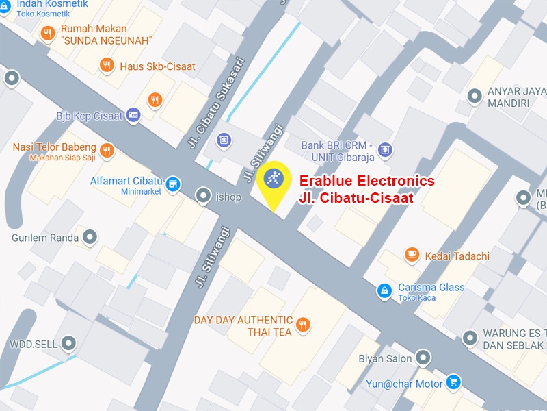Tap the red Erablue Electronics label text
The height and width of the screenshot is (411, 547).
tap(367, 189)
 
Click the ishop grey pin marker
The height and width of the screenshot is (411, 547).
tap(203, 197)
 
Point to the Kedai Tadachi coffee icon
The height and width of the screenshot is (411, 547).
tap(412, 256)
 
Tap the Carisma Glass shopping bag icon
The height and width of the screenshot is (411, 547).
tap(385, 291)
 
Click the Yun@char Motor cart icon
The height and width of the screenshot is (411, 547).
tap(453, 382)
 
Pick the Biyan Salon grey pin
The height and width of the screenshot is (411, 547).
tap(424, 358)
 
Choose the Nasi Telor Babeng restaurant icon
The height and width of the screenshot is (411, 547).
tap(106, 150)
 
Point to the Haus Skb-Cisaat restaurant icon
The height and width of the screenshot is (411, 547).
tap(106, 66)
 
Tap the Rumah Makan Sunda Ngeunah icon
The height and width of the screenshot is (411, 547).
tap(47, 33)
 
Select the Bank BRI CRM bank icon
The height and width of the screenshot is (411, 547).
tap(385, 149)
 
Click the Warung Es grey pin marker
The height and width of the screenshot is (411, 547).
tap(470, 337)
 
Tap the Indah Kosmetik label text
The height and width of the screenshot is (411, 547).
tap(53, 4)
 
